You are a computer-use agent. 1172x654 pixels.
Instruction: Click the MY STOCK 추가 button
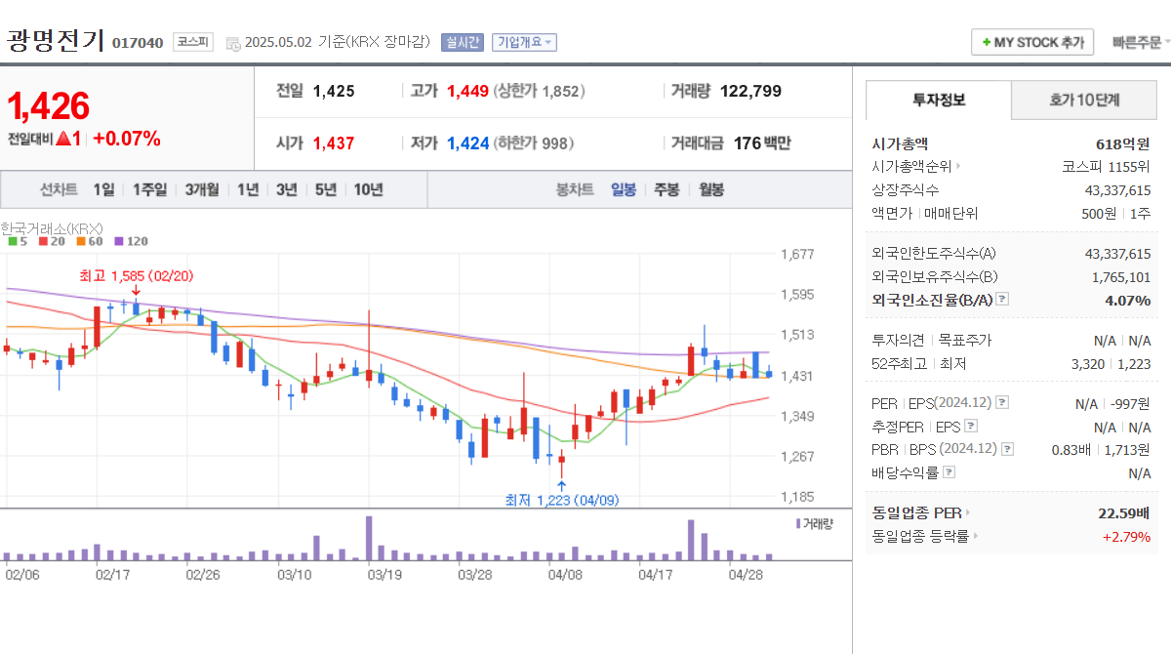click(x=1032, y=42)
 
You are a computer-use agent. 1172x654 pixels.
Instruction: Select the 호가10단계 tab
click(x=1084, y=100)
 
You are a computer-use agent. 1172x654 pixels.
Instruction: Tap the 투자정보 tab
click(x=939, y=100)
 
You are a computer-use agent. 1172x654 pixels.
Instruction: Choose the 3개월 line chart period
click(x=201, y=189)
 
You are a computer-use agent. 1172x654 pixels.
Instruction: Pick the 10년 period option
click(x=368, y=189)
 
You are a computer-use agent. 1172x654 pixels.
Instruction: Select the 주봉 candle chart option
click(x=667, y=189)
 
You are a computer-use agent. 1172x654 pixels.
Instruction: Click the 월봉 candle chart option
click(x=710, y=189)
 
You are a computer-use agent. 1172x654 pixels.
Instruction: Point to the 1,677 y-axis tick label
click(x=797, y=255)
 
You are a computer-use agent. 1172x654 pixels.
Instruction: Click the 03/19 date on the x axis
click(x=384, y=575)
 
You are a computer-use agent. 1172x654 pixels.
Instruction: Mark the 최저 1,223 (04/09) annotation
click(x=561, y=500)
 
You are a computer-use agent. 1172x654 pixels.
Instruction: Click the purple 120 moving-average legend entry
click(x=131, y=240)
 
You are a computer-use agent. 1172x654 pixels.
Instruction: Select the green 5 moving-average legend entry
click(x=16, y=240)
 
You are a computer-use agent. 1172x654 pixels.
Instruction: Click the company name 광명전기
click(x=56, y=40)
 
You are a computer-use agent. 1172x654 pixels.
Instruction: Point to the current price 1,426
click(x=49, y=105)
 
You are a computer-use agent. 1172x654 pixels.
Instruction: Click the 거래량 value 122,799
click(x=750, y=91)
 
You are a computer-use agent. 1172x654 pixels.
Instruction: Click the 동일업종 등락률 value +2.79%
click(x=1126, y=536)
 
